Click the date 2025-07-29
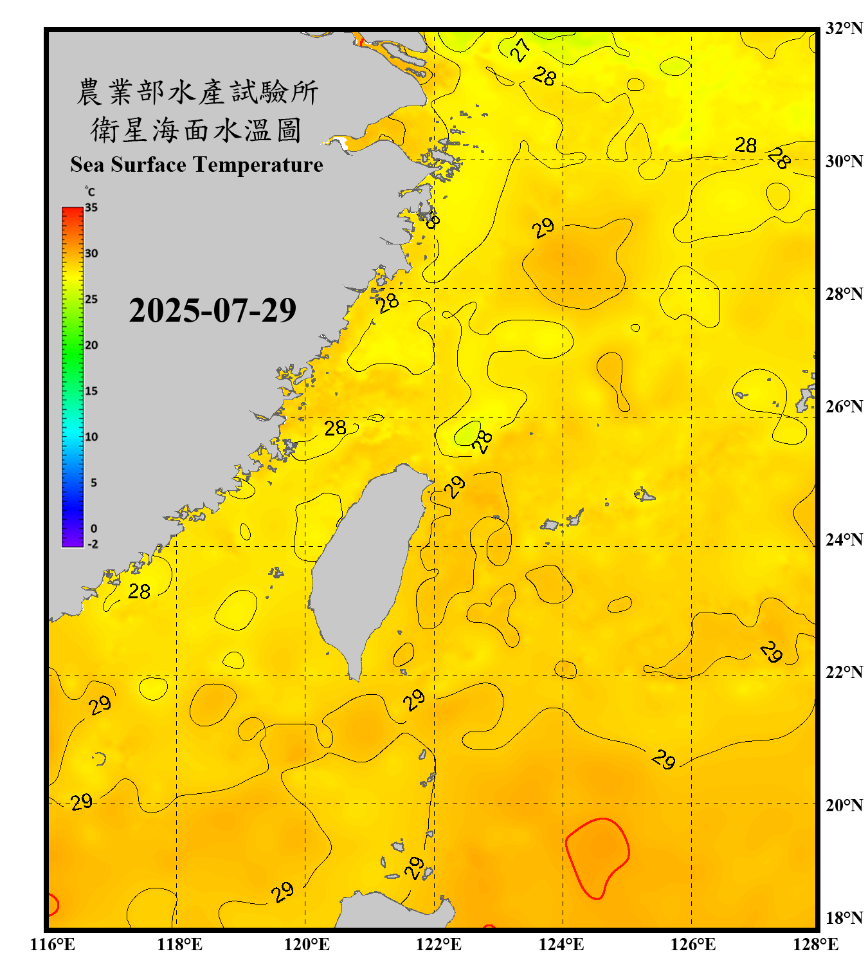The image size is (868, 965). click(212, 311)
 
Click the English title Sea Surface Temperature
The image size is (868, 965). click(197, 165)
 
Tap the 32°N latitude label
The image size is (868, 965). click(844, 28)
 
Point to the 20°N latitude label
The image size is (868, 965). click(844, 805)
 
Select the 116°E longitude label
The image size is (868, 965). click(53, 944)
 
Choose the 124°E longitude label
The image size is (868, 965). click(561, 944)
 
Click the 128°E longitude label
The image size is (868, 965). click(815, 944)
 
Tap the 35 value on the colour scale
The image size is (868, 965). click(91, 208)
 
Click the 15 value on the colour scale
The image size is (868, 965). click(91, 391)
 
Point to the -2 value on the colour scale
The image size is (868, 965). click(93, 544)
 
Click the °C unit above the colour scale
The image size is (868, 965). click(90, 192)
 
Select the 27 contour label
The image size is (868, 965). click(521, 49)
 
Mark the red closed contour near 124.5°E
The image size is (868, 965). click(597, 858)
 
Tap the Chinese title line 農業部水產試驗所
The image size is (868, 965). click(197, 92)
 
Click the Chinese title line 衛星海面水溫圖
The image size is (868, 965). click(196, 130)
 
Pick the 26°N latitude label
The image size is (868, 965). click(844, 407)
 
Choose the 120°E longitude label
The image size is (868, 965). click(307, 944)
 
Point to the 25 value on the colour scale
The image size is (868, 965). click(91, 299)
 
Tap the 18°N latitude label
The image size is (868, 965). click(844, 918)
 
